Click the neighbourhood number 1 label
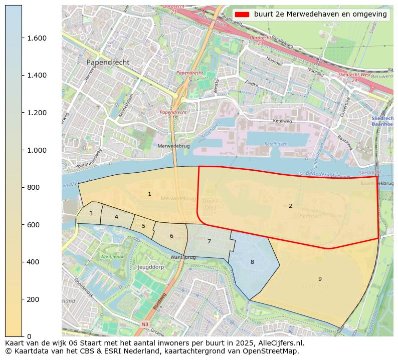pos(149,194)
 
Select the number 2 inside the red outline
pos(290,206)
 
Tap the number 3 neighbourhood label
pos(91,213)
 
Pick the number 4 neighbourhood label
pos(116,217)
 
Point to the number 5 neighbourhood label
pos(143,226)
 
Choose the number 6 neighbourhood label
pos(171,236)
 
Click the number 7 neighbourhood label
pos(209,241)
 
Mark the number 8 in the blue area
pos(252,262)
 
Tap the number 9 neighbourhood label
pos(320,279)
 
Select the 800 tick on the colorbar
pos(33,187)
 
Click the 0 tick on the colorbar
pos(29,336)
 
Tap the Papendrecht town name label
pos(108,62)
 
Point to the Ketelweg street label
pos(282,121)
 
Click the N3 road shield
pos(145,324)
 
